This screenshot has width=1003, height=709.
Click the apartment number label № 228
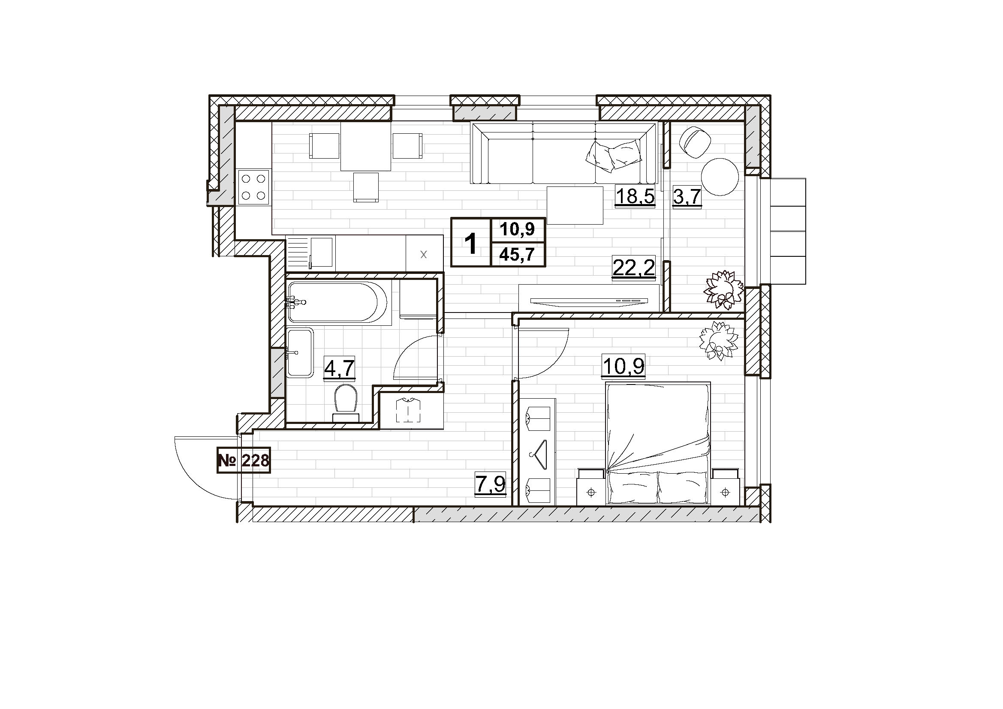coord(244,460)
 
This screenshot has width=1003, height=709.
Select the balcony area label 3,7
coord(687,196)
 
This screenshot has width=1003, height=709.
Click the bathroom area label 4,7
coord(339,368)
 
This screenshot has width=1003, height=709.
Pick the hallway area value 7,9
coord(491,484)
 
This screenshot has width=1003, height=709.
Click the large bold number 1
coord(471,243)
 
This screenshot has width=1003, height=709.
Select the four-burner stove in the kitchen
coord(254,188)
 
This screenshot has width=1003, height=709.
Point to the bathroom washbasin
coord(300,353)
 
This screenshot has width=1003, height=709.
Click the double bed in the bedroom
coord(658,443)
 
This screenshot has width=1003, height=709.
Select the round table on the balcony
coord(720,177)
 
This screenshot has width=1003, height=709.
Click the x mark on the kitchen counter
coord(423,255)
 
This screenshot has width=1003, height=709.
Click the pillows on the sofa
coord(613,155)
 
